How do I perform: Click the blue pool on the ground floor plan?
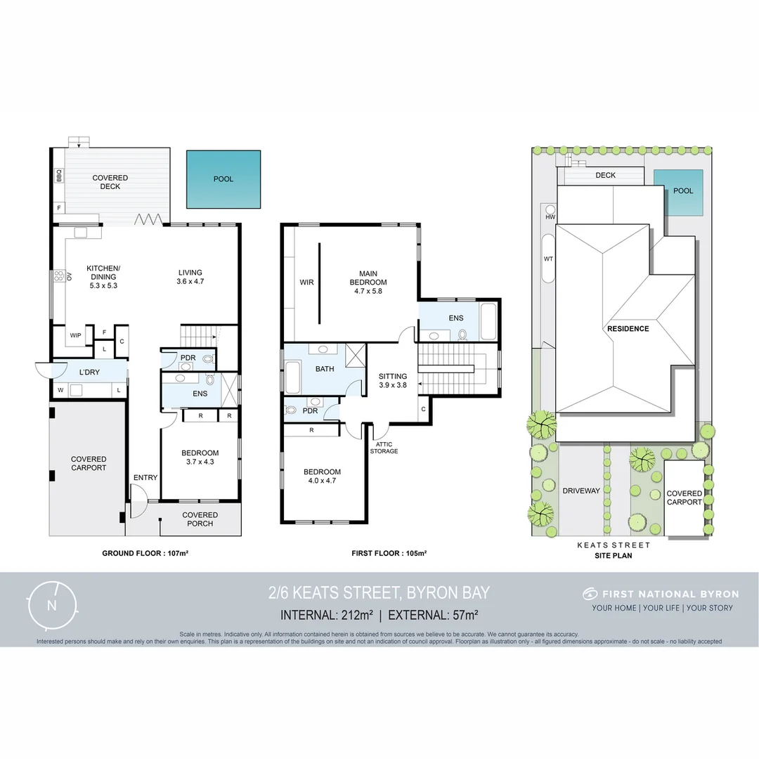click(223, 179)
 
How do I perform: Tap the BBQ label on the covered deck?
click(59, 176)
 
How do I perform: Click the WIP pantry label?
click(75, 335)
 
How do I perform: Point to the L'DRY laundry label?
click(89, 371)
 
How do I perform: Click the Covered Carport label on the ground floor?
click(89, 464)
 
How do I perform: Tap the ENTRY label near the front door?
click(145, 478)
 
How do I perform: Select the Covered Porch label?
click(200, 519)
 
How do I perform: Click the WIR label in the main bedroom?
click(306, 283)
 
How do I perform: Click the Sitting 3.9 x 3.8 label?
click(393, 380)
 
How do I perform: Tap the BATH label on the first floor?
click(325, 368)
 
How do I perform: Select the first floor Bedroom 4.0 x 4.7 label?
click(322, 476)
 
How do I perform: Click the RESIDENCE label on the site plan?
click(628, 328)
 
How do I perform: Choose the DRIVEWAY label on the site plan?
click(581, 491)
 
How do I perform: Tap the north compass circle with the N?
click(51, 605)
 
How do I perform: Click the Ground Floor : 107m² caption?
click(145, 553)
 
